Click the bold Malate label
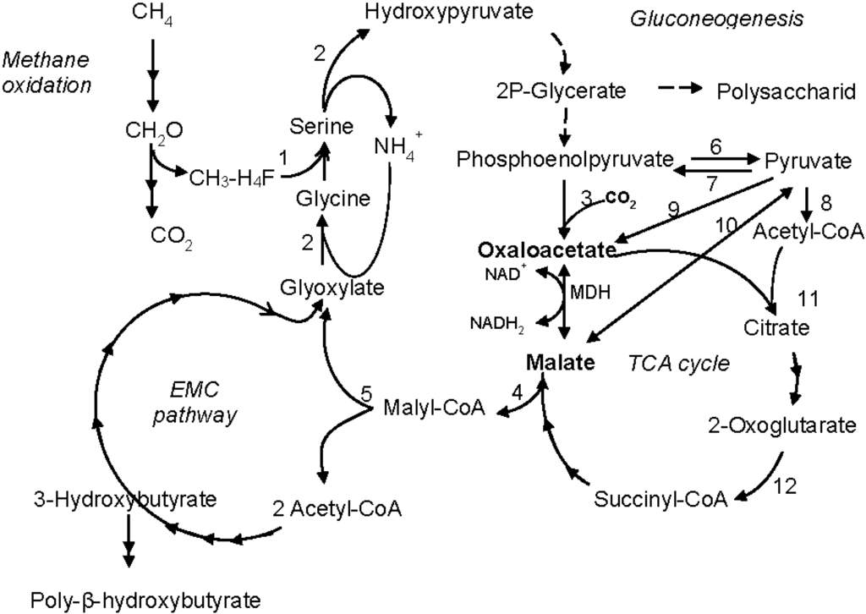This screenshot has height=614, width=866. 559,362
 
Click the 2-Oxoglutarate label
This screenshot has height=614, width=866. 777,425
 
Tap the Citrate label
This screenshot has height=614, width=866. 776,326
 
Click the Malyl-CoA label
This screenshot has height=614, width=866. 434,408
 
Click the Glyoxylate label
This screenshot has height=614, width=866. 333,287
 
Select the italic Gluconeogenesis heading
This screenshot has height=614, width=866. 716,19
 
